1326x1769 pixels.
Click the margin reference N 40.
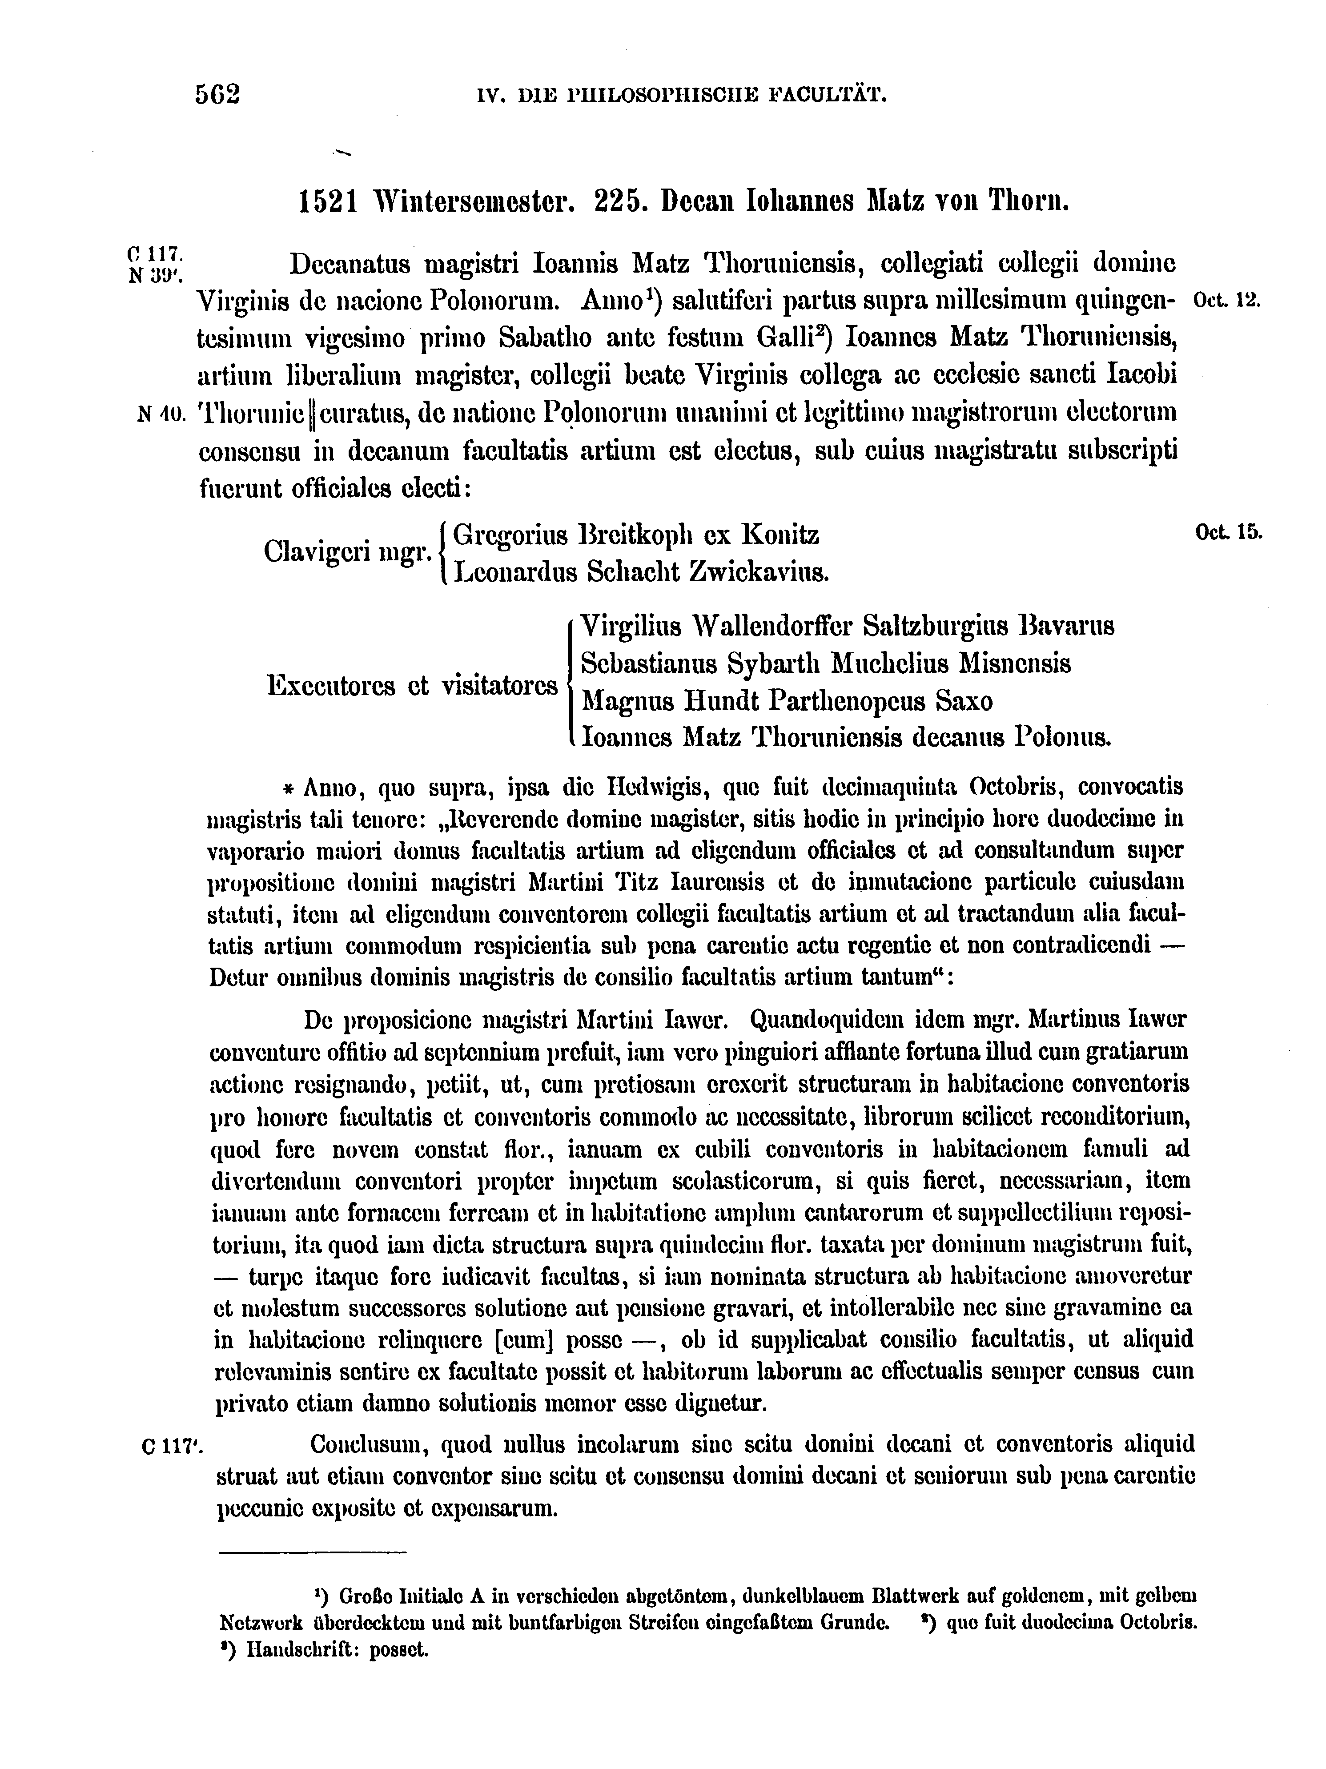[161, 414]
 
